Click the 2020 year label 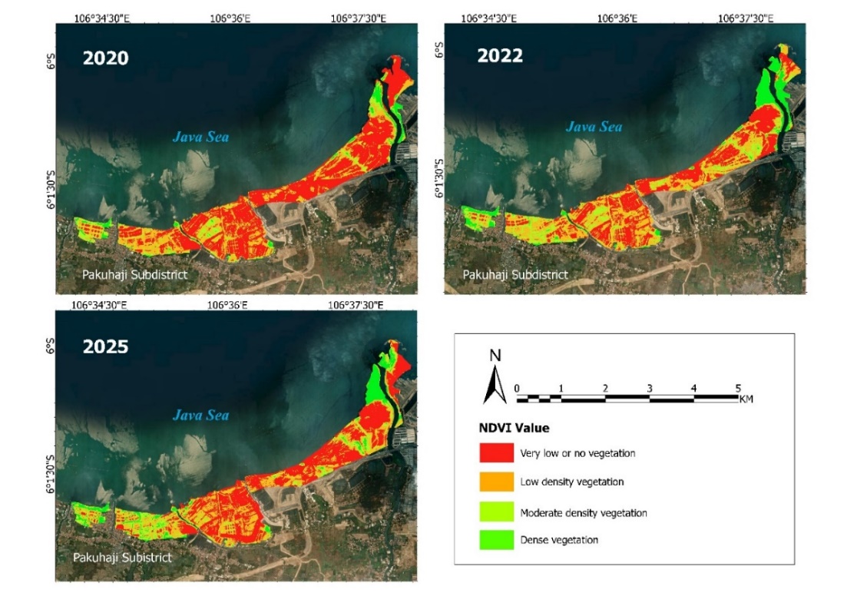tap(106, 58)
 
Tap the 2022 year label tap(500, 55)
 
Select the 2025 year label tap(106, 346)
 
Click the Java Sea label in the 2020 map tap(200, 137)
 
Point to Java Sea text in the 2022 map tap(594, 127)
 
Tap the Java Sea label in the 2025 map tap(200, 416)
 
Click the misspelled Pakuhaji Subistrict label tap(123, 557)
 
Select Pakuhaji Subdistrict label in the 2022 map tap(515, 274)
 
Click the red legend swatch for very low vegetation tap(496, 453)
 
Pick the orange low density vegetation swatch tap(496, 482)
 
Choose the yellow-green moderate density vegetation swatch tap(496, 512)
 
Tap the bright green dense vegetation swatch tap(496, 540)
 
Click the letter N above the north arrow tap(496, 356)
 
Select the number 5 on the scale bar tap(738, 388)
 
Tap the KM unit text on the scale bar tap(745, 399)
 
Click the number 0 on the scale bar tap(517, 388)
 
